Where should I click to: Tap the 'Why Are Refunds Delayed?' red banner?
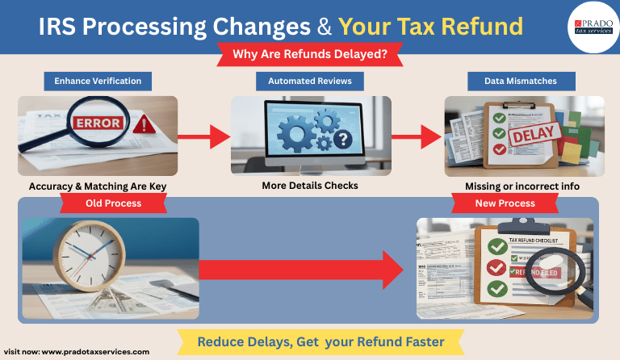(x=310, y=55)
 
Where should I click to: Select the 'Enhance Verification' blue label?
(x=98, y=82)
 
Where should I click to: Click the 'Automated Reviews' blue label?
(x=310, y=82)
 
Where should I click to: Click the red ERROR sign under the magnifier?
(x=98, y=123)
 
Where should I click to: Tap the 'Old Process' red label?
(x=113, y=203)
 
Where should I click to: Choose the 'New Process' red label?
(x=505, y=203)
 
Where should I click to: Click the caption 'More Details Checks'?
(x=310, y=186)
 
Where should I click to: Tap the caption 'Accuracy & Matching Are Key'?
(x=98, y=186)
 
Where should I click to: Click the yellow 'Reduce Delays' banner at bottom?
(x=320, y=342)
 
